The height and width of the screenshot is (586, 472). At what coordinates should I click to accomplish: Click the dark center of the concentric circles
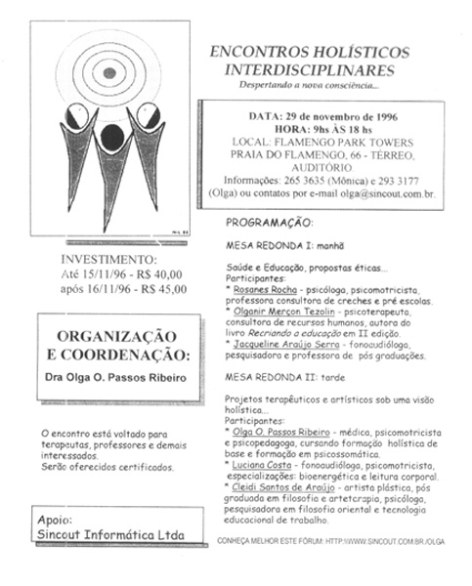[x=109, y=71]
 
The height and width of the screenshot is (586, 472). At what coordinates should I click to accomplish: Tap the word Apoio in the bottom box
[x=57, y=520]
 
